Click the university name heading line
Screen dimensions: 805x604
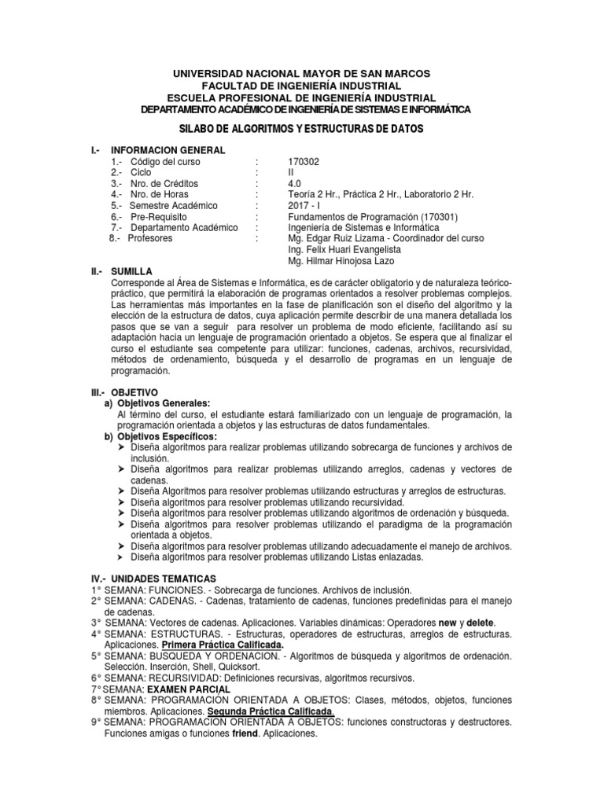[x=301, y=73]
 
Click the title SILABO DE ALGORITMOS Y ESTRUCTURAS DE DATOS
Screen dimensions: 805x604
[x=301, y=128]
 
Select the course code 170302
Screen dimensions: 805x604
[x=304, y=161]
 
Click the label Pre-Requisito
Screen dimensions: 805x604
[x=166, y=216]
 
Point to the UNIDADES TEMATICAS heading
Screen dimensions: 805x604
[x=160, y=579]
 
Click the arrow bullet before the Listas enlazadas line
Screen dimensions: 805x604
[x=121, y=557]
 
